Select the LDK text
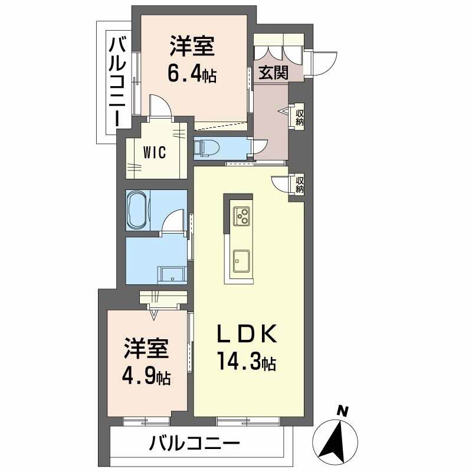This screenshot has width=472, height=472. click(x=247, y=334)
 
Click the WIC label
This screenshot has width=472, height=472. click(x=155, y=152)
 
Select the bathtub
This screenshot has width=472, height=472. click(x=139, y=211)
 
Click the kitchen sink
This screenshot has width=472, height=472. click(x=241, y=261)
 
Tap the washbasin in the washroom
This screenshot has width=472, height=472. click(x=172, y=274)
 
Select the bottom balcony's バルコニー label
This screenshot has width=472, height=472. click(x=195, y=443)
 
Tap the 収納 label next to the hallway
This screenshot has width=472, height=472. click(x=299, y=117)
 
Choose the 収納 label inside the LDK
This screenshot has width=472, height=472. click(x=300, y=185)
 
